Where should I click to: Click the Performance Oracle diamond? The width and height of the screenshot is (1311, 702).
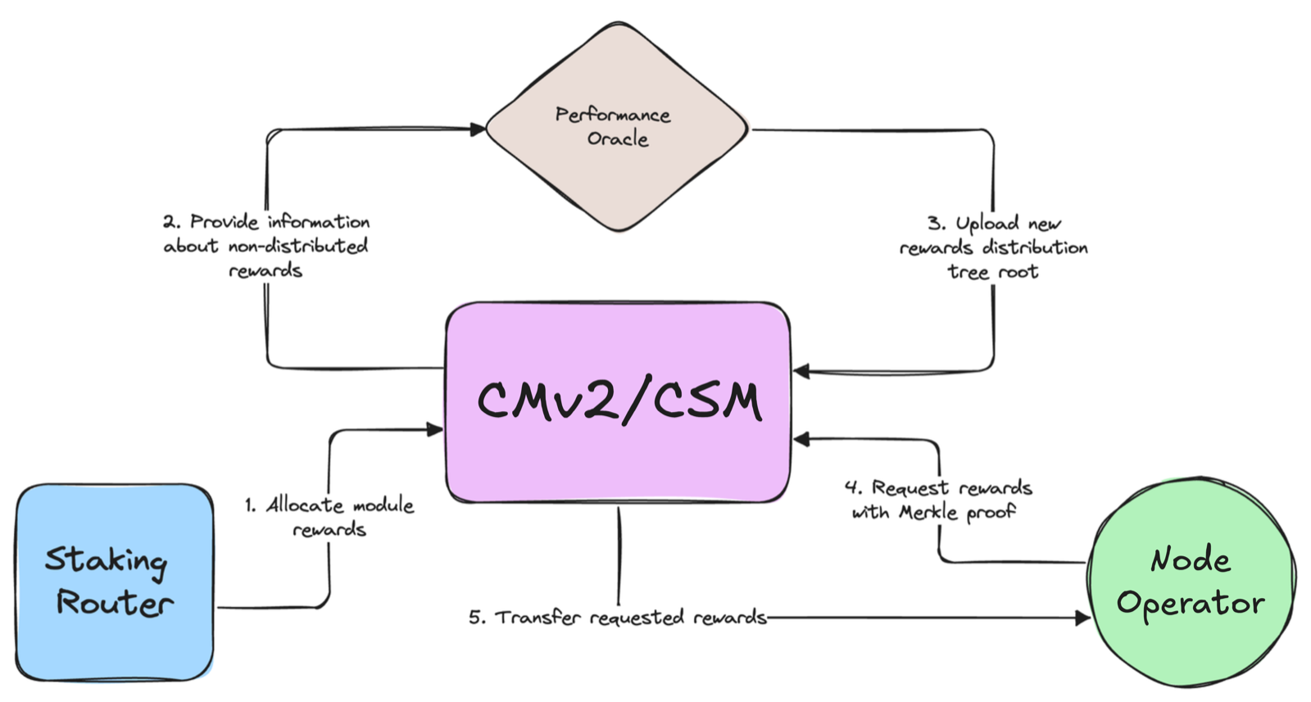click(x=617, y=127)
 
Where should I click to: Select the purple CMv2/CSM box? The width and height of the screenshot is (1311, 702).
click(x=618, y=402)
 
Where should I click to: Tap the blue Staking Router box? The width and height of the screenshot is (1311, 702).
click(x=114, y=582)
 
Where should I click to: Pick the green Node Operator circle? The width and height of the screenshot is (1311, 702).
click(x=1191, y=582)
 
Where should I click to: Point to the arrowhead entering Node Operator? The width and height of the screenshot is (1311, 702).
click(x=1082, y=618)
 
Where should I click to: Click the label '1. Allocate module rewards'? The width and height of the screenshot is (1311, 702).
click(x=329, y=517)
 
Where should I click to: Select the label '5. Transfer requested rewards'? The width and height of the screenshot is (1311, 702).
click(x=618, y=617)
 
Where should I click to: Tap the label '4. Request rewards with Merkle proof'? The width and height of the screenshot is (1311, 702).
click(x=938, y=500)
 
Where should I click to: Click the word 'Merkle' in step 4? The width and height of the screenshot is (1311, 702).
click(x=928, y=513)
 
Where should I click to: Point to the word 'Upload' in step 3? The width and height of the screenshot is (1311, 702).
click(x=987, y=224)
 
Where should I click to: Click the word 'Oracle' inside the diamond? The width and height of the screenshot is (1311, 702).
click(x=618, y=139)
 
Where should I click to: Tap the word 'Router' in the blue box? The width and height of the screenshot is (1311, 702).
click(x=116, y=603)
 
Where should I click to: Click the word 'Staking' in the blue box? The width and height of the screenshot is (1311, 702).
click(x=106, y=563)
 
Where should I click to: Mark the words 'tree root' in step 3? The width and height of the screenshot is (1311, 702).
click(x=993, y=272)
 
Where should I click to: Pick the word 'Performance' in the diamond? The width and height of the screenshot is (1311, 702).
click(x=613, y=115)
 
